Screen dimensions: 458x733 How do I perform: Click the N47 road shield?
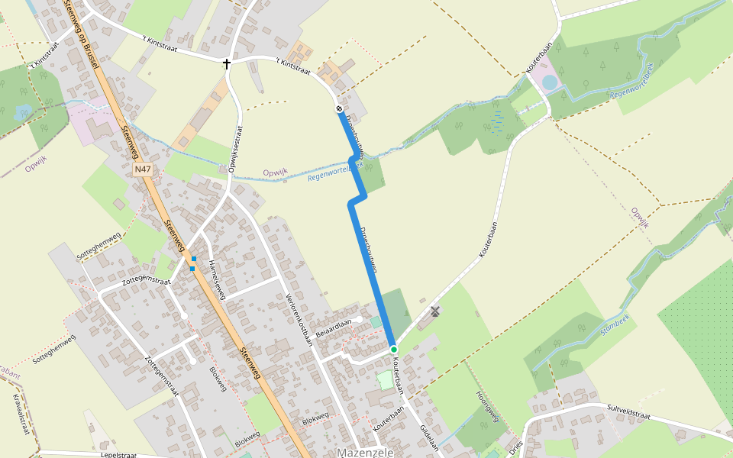tap(141, 169)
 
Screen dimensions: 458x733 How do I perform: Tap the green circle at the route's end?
tap(394, 350)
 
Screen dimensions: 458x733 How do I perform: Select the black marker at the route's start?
tap(339, 108)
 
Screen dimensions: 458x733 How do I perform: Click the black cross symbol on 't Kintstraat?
tap(227, 63)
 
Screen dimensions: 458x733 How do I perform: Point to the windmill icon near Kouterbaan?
tap(435, 311)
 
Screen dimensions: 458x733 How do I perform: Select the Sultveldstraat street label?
tap(628, 413)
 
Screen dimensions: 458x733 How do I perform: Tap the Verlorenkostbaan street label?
tap(299, 320)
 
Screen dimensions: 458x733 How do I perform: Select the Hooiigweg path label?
tap(486, 405)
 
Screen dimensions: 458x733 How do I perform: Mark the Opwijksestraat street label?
tap(236, 148)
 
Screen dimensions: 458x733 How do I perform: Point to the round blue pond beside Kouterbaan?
tap(550, 82)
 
